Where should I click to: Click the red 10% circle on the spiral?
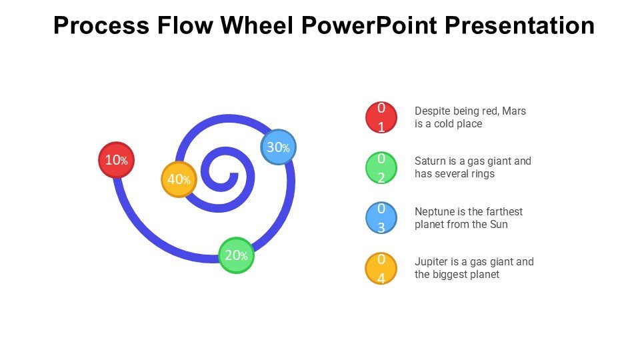(x=117, y=160)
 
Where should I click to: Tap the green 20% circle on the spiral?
(x=237, y=255)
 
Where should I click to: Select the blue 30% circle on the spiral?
(x=277, y=147)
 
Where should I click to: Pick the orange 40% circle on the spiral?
(x=179, y=179)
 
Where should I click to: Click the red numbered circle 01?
(x=381, y=117)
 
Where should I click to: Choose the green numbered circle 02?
(x=381, y=168)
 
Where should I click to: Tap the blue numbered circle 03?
(x=381, y=218)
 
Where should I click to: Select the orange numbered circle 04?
(x=381, y=269)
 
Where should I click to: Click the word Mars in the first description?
(x=514, y=111)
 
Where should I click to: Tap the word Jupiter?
(x=431, y=261)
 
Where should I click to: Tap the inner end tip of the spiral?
(x=234, y=175)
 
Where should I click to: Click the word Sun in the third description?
(x=499, y=224)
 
